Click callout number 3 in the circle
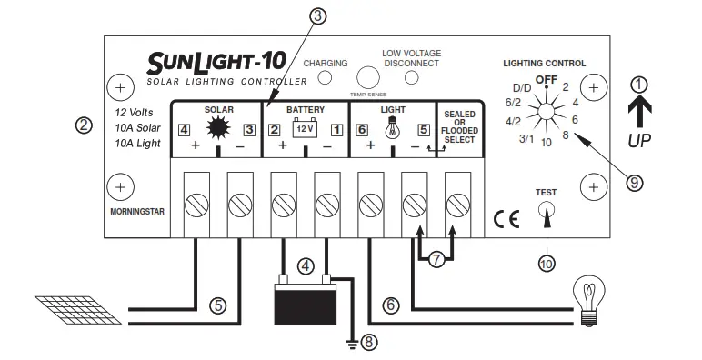[316, 15]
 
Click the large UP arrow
[640, 111]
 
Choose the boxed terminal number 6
[361, 129]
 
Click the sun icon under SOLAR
[218, 128]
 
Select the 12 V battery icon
[304, 128]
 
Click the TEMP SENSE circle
[368, 76]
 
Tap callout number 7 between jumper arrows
[436, 260]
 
